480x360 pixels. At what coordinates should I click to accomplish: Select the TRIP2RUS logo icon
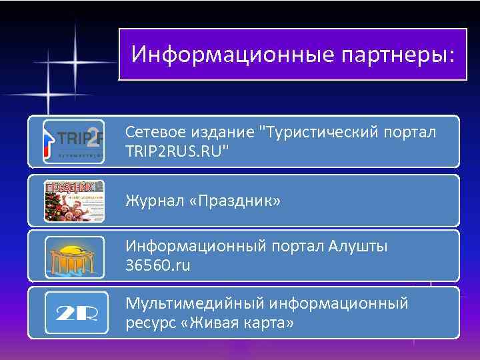click(74, 141)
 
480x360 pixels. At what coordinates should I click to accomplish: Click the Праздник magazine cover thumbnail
click(74, 201)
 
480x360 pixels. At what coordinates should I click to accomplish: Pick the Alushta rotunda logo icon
click(74, 256)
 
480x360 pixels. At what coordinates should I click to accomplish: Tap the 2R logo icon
click(74, 313)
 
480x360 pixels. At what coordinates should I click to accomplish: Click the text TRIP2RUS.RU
click(177, 152)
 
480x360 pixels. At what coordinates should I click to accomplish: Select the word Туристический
click(317, 133)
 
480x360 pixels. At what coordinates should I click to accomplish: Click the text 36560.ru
click(158, 265)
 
